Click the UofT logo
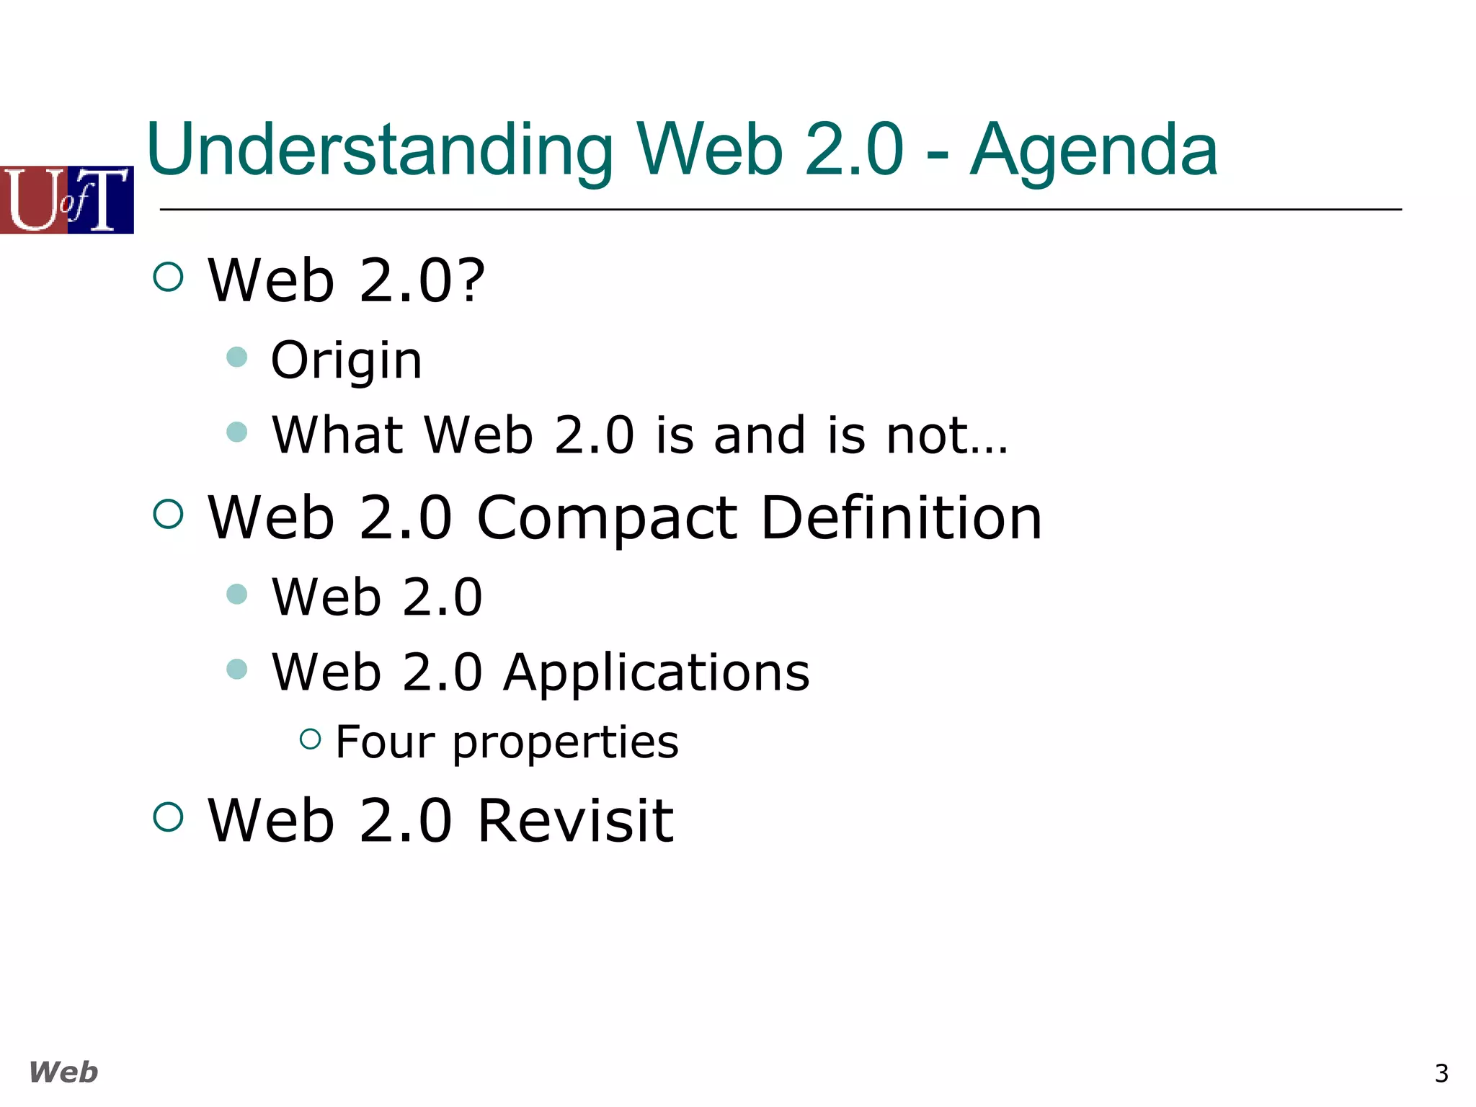tap(67, 200)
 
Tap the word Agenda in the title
tap(1093, 150)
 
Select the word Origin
tap(346, 360)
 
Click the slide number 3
tap(1441, 1074)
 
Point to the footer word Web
tap(63, 1072)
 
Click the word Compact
tap(608, 519)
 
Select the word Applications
tap(656, 673)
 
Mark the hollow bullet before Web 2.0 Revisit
tap(169, 817)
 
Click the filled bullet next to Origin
tap(237, 357)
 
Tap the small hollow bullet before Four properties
tap(310, 739)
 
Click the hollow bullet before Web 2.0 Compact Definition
tap(169, 515)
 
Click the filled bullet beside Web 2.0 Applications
tap(237, 669)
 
